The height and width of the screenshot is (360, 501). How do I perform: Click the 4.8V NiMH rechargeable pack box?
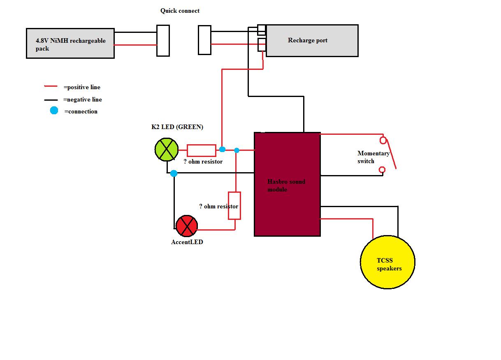point(70,44)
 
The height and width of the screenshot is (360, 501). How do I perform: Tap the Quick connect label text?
point(180,11)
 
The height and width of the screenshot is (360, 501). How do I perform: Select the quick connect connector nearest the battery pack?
point(163,40)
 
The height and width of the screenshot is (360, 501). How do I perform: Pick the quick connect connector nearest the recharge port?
point(204,40)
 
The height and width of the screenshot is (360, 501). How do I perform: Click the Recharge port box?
point(312,40)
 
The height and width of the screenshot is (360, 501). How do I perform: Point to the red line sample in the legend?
point(51,87)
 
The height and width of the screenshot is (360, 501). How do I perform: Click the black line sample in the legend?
point(51,100)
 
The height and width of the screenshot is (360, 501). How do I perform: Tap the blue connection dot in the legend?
point(54,111)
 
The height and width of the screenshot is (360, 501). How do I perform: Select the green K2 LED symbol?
point(167,149)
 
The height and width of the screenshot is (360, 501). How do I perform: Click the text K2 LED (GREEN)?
point(177,127)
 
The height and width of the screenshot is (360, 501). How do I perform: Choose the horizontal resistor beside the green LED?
point(202,150)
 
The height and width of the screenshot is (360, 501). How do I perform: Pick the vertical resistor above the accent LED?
point(234,205)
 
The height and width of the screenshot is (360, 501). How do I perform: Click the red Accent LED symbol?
point(186,226)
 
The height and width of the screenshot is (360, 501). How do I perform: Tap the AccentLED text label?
point(187,242)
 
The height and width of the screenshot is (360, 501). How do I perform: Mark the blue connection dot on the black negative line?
point(174,173)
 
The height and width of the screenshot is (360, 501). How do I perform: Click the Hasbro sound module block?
point(287,184)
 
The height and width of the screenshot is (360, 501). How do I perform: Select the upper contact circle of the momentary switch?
point(383,141)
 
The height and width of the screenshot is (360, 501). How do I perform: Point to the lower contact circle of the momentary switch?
point(382,170)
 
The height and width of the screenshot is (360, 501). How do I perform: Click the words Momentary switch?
point(373,157)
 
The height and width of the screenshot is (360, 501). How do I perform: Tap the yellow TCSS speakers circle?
point(387,262)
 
